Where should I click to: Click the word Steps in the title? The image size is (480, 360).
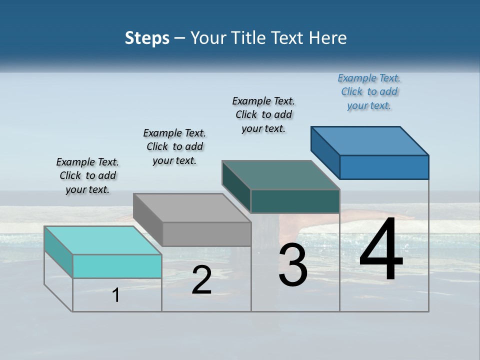click(147, 38)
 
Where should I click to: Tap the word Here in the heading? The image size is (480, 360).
click(327, 38)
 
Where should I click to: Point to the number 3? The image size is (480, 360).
click(293, 265)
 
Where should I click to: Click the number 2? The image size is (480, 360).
click(201, 280)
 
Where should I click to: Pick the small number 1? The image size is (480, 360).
click(116, 295)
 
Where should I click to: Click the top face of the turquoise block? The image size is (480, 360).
click(102, 240)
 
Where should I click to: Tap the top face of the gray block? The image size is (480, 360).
click(191, 207)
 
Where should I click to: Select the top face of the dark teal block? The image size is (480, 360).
click(280, 175)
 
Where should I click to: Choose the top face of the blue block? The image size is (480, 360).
click(369, 141)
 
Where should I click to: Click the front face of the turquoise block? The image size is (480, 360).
click(117, 266)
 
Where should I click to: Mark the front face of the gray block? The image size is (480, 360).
click(206, 234)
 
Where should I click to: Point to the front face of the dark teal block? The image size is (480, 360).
click(295, 201)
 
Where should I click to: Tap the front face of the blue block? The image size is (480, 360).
click(384, 167)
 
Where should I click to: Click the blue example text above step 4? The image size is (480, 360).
click(369, 92)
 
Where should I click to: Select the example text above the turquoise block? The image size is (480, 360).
click(87, 175)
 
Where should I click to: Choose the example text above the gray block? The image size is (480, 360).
click(174, 146)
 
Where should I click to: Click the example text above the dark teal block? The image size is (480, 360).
click(263, 114)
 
